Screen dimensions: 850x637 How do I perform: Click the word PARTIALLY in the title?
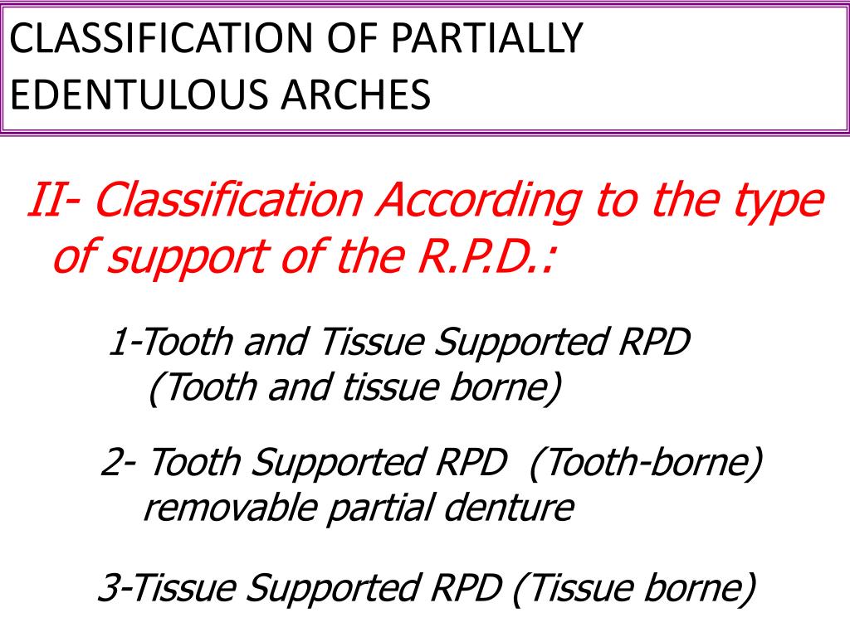point(490,40)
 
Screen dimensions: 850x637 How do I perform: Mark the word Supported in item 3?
point(331,590)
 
